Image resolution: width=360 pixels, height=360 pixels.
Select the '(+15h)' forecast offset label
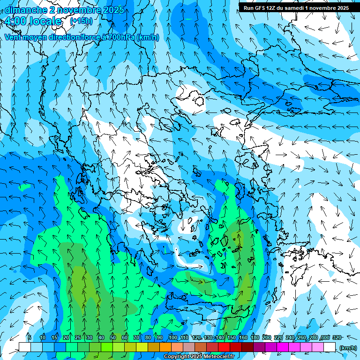click(81, 21)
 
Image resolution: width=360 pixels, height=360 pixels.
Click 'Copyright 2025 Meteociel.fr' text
click(199, 357)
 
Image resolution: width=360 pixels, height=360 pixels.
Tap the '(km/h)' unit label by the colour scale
click(347, 347)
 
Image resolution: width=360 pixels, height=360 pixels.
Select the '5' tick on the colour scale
click(30, 337)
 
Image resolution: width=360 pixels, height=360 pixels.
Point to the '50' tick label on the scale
click(113, 337)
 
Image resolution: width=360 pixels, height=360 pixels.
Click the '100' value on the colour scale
click(172, 337)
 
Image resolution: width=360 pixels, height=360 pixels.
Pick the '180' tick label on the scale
click(255, 337)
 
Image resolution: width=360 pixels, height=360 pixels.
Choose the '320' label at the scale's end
click(337, 337)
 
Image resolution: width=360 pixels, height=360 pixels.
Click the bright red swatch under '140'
click(224, 347)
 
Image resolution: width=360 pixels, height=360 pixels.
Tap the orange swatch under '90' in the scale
click(165, 347)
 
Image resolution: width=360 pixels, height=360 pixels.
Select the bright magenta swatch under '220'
click(283, 347)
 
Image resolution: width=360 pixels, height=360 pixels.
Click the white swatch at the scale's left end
click(24, 347)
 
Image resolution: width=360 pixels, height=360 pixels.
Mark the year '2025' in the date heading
click(113, 9)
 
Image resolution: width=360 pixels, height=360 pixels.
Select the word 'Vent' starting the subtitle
click(14, 37)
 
